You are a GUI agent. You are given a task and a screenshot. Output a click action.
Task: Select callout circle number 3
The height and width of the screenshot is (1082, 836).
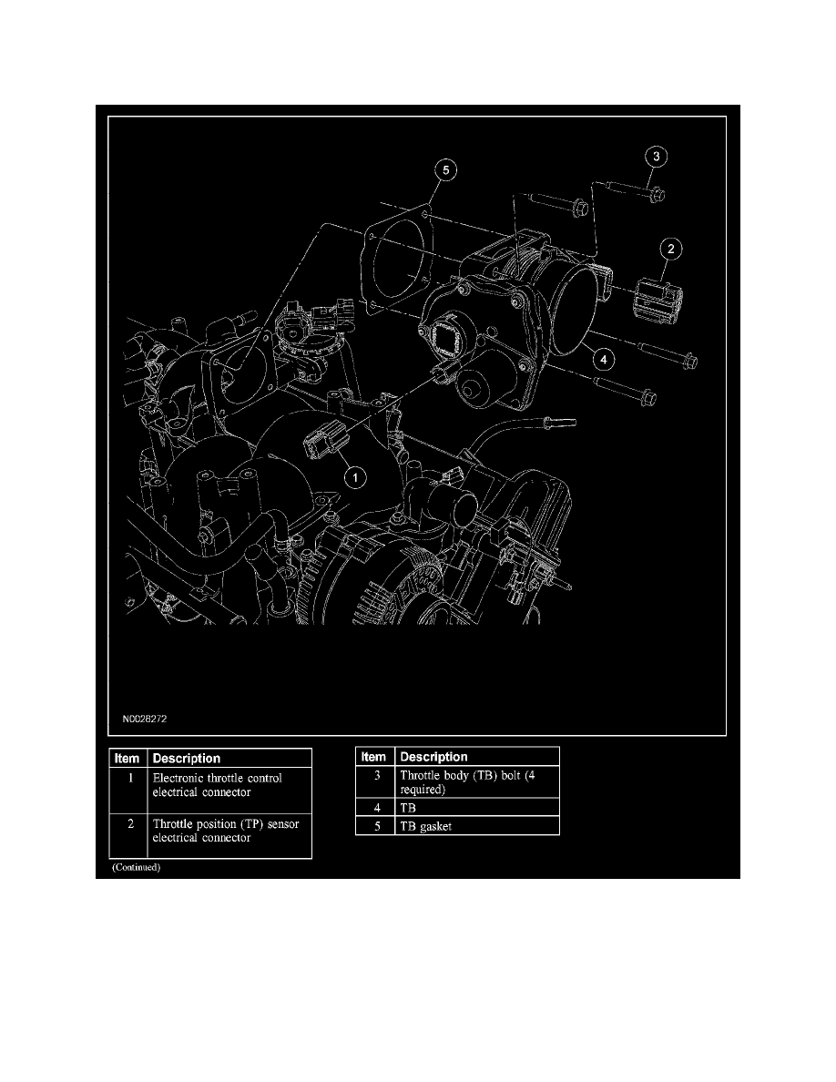click(657, 157)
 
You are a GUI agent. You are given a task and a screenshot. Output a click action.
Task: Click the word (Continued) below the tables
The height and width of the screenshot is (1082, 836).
click(137, 868)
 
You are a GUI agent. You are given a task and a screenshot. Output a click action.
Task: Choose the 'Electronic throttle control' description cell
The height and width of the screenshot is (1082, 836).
click(229, 785)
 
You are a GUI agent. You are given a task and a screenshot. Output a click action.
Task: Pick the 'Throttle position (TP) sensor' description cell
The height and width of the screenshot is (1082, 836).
click(229, 831)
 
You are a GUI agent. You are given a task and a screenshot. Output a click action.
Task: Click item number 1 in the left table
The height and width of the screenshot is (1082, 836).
click(127, 779)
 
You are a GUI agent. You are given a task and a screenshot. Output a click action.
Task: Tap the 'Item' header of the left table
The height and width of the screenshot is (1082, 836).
click(127, 758)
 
